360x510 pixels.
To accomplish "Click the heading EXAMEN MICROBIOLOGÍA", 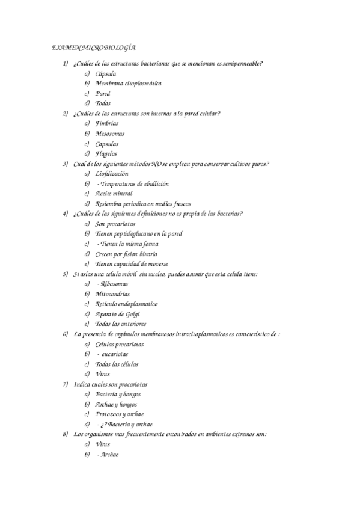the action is click(93, 47).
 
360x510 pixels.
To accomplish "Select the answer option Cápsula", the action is click(106, 73).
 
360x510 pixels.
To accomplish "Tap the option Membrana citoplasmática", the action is click(128, 84).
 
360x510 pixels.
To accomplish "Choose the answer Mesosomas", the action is click(110, 134).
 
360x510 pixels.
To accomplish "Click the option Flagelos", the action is click(106, 153).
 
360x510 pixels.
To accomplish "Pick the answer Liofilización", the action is click(112, 174).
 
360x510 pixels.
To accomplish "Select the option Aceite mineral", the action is click(114, 194).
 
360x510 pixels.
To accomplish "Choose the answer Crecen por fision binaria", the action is click(127, 254).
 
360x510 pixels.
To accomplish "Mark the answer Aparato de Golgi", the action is click(118, 314).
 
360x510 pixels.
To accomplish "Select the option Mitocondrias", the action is click(112, 294).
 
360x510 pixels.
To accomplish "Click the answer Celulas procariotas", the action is click(120, 344).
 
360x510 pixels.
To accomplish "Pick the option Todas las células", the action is click(117, 364).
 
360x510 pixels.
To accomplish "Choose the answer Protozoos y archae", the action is click(120, 414).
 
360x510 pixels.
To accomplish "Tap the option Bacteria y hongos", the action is click(118, 394).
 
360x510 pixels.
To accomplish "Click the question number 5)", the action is click(65, 274).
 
